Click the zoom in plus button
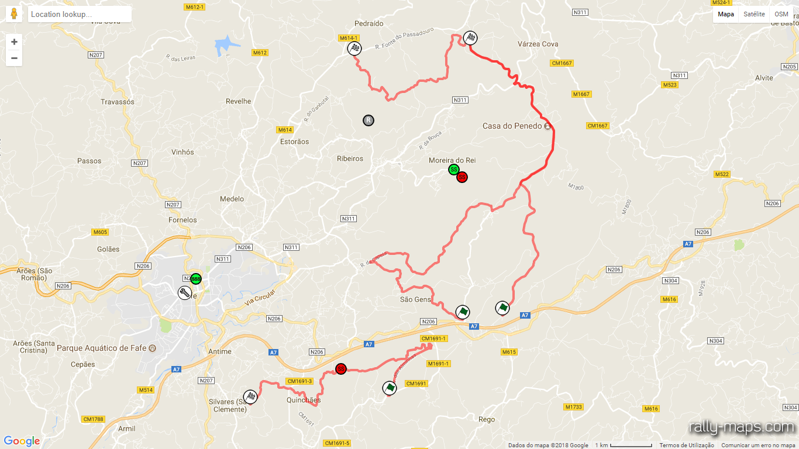pyautogui.click(x=14, y=42)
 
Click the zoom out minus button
pyautogui.click(x=14, y=58)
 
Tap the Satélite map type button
pyautogui.click(x=754, y=14)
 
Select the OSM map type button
pyautogui.click(x=781, y=14)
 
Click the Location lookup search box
pyautogui.click(x=79, y=14)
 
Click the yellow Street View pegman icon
pyautogui.click(x=14, y=14)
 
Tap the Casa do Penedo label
pyautogui.click(x=512, y=126)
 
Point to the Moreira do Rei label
pyautogui.click(x=452, y=160)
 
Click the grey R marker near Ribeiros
pyautogui.click(x=368, y=120)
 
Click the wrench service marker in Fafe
pyautogui.click(x=184, y=292)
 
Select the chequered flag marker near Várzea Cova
pyautogui.click(x=470, y=39)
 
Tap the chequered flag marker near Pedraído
pyautogui.click(x=354, y=49)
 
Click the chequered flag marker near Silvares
pyautogui.click(x=250, y=397)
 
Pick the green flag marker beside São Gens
pyautogui.click(x=463, y=312)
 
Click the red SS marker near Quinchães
pyautogui.click(x=341, y=369)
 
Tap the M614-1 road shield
pyautogui.click(x=348, y=38)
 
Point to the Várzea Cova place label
pyautogui.click(x=538, y=44)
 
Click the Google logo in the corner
pyautogui.click(x=22, y=441)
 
